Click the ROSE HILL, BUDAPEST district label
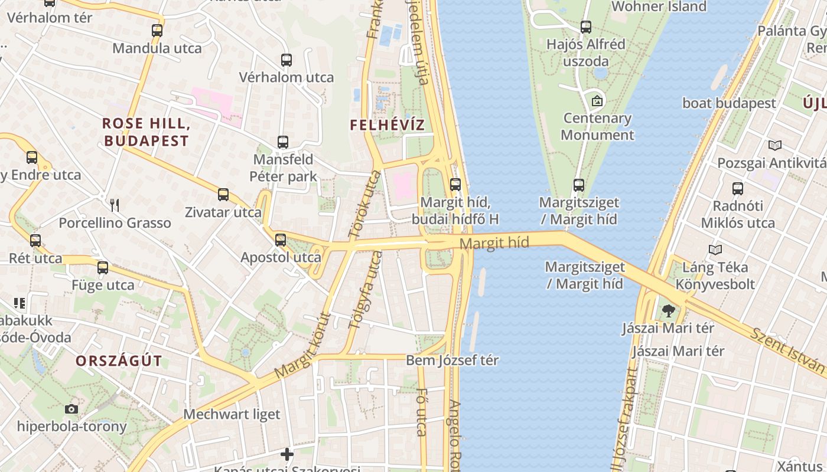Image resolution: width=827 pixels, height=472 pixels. point(145,132)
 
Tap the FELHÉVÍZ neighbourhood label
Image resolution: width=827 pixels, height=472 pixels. point(387,125)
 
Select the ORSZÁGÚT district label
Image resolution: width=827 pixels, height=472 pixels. point(119,361)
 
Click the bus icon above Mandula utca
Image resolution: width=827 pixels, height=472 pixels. point(157,31)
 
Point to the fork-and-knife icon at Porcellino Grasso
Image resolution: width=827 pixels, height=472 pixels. point(115,205)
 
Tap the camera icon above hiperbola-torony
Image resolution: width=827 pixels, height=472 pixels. point(71,409)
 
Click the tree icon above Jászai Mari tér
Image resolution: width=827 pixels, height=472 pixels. point(668,310)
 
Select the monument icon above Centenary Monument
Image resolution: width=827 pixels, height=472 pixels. point(597,101)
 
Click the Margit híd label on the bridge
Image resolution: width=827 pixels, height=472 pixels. point(494,242)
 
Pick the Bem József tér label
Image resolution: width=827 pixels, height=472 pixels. point(452,360)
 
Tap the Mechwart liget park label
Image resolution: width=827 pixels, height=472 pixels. point(232,414)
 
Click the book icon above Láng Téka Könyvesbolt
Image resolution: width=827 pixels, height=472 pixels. point(715,250)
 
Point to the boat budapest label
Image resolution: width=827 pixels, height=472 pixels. point(729,103)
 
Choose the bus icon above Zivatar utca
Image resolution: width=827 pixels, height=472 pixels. point(223,195)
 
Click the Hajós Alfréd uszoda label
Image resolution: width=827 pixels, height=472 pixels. point(585,53)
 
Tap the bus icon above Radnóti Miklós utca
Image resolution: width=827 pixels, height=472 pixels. point(737,189)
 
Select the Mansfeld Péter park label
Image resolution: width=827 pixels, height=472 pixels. point(283,168)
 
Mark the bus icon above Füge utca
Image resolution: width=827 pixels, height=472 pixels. point(103,268)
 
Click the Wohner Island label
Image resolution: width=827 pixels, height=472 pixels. point(659,6)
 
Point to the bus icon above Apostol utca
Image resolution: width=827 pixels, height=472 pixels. point(281,240)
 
